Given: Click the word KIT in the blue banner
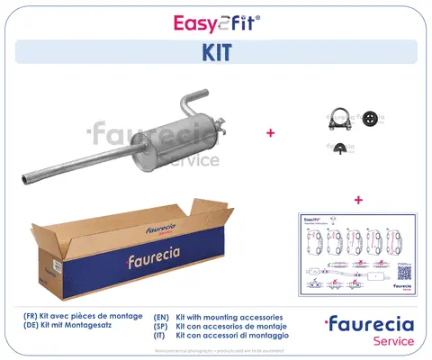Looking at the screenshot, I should [x=216, y=52].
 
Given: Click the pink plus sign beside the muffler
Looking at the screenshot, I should [x=269, y=133].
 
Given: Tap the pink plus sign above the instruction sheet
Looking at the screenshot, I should [x=358, y=200].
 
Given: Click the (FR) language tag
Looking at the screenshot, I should [x=32, y=318].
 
